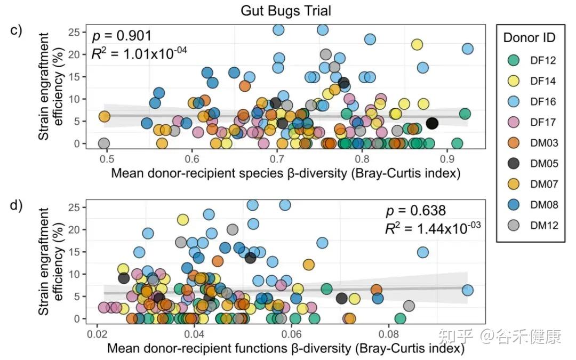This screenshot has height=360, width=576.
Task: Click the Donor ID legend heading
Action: click(x=529, y=37)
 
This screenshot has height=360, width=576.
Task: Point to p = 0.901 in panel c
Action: click(x=122, y=36)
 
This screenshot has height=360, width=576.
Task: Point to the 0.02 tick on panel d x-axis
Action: click(x=97, y=334)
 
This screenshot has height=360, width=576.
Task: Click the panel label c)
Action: click(x=17, y=30)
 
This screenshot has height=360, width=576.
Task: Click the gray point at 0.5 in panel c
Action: click(x=104, y=143)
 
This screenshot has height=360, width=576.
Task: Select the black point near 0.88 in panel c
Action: click(x=432, y=123)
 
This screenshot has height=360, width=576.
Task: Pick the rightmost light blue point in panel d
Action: click(x=468, y=290)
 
